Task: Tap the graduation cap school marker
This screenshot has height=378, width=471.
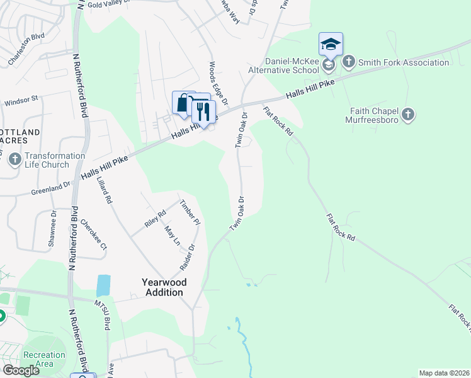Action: (331, 44)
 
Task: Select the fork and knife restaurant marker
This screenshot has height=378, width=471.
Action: (203, 112)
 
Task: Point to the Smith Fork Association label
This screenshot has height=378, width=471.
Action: (395, 62)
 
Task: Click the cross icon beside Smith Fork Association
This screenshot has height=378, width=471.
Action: (348, 62)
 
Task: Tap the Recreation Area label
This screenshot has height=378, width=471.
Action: (43, 360)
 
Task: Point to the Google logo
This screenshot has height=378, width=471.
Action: (21, 370)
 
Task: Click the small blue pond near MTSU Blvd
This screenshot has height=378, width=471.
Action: (103, 285)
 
